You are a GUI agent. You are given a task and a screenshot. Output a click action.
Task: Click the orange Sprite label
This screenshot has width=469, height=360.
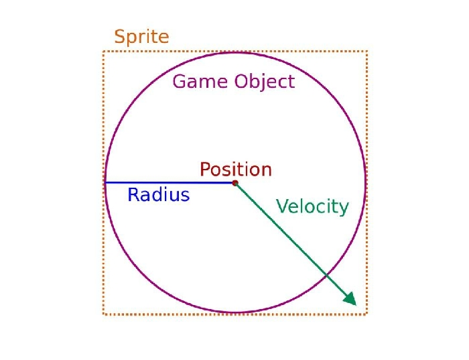(142, 37)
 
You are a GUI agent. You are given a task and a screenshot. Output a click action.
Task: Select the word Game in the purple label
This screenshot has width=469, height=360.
(200, 81)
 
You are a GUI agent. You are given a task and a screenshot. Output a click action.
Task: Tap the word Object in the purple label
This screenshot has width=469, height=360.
(265, 82)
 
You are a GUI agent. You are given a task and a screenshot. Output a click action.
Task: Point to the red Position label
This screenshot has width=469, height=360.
(236, 170)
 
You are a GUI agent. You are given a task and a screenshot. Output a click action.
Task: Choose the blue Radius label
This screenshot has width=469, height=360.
(159, 194)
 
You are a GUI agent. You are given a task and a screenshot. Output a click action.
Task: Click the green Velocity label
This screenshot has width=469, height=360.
(312, 206)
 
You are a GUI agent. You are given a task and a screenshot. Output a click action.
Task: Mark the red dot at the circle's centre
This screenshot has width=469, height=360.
(235, 183)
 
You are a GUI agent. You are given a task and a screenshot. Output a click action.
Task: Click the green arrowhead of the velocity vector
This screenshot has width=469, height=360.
(350, 299)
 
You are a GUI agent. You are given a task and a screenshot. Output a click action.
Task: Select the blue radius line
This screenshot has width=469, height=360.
(170, 182)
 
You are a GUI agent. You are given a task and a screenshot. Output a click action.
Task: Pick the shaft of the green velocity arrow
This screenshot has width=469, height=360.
(291, 240)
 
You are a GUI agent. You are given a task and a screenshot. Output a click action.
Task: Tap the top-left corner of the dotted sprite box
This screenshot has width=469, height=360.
(103, 52)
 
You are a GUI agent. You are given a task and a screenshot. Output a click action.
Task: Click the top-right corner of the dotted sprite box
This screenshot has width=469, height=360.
(367, 52)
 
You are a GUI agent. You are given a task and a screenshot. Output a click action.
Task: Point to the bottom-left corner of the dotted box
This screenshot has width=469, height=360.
(103, 314)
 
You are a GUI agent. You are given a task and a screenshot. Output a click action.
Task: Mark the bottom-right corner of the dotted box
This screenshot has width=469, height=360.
(367, 314)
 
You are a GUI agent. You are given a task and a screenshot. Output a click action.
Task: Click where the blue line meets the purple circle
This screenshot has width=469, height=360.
(105, 182)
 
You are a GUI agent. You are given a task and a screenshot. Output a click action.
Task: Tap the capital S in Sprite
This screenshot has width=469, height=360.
(119, 36)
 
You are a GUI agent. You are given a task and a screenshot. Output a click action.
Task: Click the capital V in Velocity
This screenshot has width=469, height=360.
(282, 206)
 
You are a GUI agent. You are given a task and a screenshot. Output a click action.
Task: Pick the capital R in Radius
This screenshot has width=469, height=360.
(133, 194)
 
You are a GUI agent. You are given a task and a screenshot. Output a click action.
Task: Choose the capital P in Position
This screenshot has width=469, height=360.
(205, 169)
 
